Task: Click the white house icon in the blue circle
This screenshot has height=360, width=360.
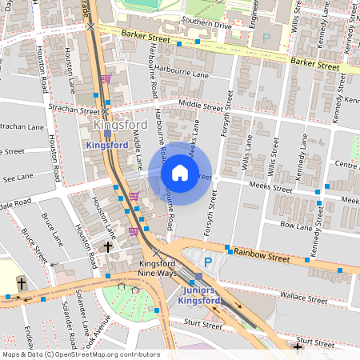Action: [180, 173]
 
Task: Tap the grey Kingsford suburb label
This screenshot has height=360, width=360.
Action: [121, 126]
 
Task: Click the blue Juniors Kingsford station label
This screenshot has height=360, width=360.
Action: [201, 295]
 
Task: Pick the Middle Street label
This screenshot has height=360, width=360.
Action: [200, 104]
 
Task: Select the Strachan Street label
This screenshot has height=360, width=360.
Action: [73, 109]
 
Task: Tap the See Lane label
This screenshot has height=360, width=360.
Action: [17, 179]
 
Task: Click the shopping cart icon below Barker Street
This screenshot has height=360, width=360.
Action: [106, 78]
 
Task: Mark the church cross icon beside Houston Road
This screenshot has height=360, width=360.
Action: [106, 247]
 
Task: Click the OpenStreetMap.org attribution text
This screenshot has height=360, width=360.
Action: [104, 354]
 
